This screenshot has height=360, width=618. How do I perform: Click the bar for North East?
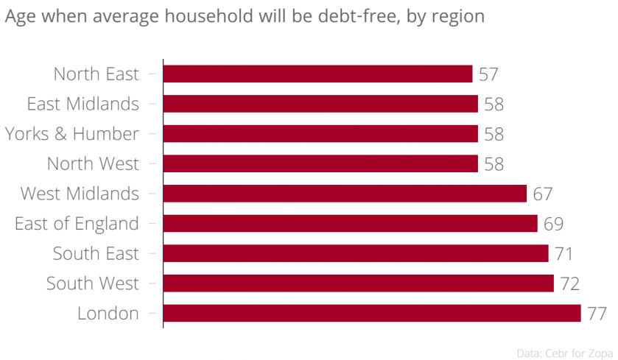(317, 74)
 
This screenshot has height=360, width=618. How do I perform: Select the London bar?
(372, 314)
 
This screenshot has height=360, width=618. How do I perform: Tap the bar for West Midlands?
(345, 194)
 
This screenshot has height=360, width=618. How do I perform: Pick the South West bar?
(358, 283)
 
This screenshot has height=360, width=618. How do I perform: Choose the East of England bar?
(350, 224)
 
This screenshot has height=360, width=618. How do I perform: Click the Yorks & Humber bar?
(320, 134)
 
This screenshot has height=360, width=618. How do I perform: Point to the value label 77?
(596, 314)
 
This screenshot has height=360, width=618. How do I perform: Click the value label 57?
(488, 74)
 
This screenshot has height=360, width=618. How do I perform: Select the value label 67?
(542, 194)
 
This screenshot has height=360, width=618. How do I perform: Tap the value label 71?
(563, 254)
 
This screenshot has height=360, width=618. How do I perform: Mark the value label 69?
(553, 224)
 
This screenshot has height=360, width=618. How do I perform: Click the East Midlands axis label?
(82, 104)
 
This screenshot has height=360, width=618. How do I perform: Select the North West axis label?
(93, 163)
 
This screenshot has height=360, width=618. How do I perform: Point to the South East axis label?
(96, 253)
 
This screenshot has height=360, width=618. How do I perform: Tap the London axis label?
(108, 314)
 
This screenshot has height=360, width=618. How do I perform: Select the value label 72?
(569, 284)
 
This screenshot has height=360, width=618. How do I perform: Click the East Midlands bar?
(320, 104)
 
